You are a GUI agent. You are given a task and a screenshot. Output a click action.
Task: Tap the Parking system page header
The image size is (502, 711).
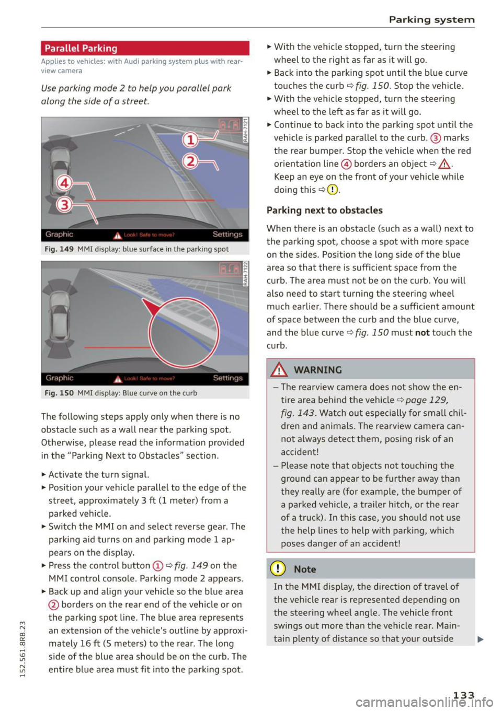pyautogui.click(x=431, y=20)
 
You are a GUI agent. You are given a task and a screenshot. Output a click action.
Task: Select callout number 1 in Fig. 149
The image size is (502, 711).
pyautogui.click(x=190, y=140)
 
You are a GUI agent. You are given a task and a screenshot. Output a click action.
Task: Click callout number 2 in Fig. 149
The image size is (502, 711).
pyautogui.click(x=190, y=161)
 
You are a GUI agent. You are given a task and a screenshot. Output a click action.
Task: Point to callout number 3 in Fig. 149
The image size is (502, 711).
pyautogui.click(x=64, y=204)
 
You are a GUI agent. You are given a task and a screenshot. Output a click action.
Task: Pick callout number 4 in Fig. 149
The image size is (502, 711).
pyautogui.click(x=64, y=183)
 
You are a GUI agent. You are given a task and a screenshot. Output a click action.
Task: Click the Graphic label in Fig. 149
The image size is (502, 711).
pyautogui.click(x=59, y=235)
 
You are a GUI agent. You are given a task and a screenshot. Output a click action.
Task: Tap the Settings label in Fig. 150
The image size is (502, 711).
pyautogui.click(x=227, y=378)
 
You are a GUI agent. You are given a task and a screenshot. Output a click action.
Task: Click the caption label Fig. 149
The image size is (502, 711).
pyautogui.click(x=59, y=249)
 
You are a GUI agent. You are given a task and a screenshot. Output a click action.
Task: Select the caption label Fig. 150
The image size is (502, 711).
pyautogui.click(x=59, y=393)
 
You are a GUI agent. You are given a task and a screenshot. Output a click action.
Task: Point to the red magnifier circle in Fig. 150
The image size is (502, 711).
pyautogui.click(x=183, y=332)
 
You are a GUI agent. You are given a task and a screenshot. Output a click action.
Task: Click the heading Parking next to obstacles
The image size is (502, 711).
pyautogui.click(x=324, y=211)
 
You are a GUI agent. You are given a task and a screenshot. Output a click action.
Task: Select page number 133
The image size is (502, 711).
pyautogui.click(x=463, y=695)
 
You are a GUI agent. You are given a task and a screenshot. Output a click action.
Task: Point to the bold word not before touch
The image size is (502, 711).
pyautogui.click(x=422, y=333)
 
